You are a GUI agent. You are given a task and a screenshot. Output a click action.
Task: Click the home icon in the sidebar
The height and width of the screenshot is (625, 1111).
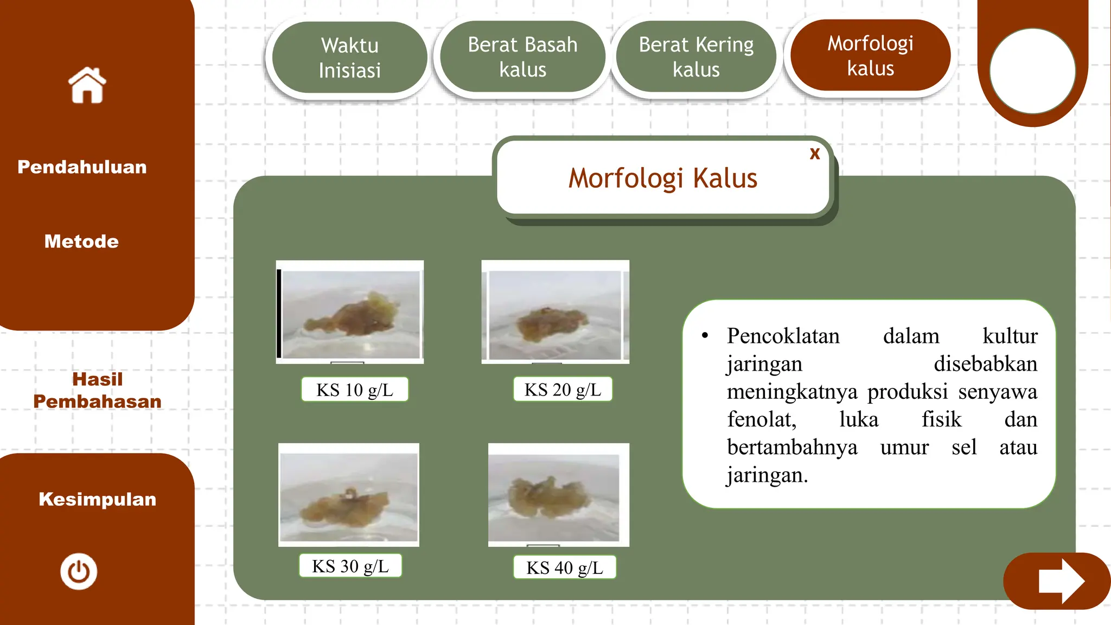87,85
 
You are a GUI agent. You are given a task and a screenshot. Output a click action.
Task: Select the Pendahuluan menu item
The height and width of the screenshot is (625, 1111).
82,167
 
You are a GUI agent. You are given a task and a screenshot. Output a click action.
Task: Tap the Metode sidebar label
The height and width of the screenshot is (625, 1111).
81,241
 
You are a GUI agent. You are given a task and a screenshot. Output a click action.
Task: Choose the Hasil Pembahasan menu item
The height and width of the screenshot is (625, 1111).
98,390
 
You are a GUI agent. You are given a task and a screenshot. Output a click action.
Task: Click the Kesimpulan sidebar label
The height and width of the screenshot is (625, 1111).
98,499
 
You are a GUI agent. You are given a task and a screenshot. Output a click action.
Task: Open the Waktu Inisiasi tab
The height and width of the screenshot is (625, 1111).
349,58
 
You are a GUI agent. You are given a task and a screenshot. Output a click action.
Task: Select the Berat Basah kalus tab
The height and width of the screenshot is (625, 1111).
522,57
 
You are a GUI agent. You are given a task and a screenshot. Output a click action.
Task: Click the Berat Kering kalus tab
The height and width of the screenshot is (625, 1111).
696,57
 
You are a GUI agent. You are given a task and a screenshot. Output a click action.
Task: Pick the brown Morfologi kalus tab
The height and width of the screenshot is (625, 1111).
870,55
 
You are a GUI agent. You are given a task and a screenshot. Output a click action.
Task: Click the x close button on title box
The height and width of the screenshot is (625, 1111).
814,154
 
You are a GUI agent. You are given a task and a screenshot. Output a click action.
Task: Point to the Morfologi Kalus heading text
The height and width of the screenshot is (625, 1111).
662,178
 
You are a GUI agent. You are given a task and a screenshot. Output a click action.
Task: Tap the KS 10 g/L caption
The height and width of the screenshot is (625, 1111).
355,390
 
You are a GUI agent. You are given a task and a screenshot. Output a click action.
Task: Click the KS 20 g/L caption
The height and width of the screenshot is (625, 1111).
563,390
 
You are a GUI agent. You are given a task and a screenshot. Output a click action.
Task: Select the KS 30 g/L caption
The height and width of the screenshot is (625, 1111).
350,566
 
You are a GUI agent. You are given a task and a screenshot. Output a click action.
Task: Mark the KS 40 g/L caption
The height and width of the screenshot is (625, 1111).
565,567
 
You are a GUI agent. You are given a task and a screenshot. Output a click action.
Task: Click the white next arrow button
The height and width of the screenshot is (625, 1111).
1061,581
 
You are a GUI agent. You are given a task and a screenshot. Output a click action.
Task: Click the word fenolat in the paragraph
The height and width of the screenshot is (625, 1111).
762,419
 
